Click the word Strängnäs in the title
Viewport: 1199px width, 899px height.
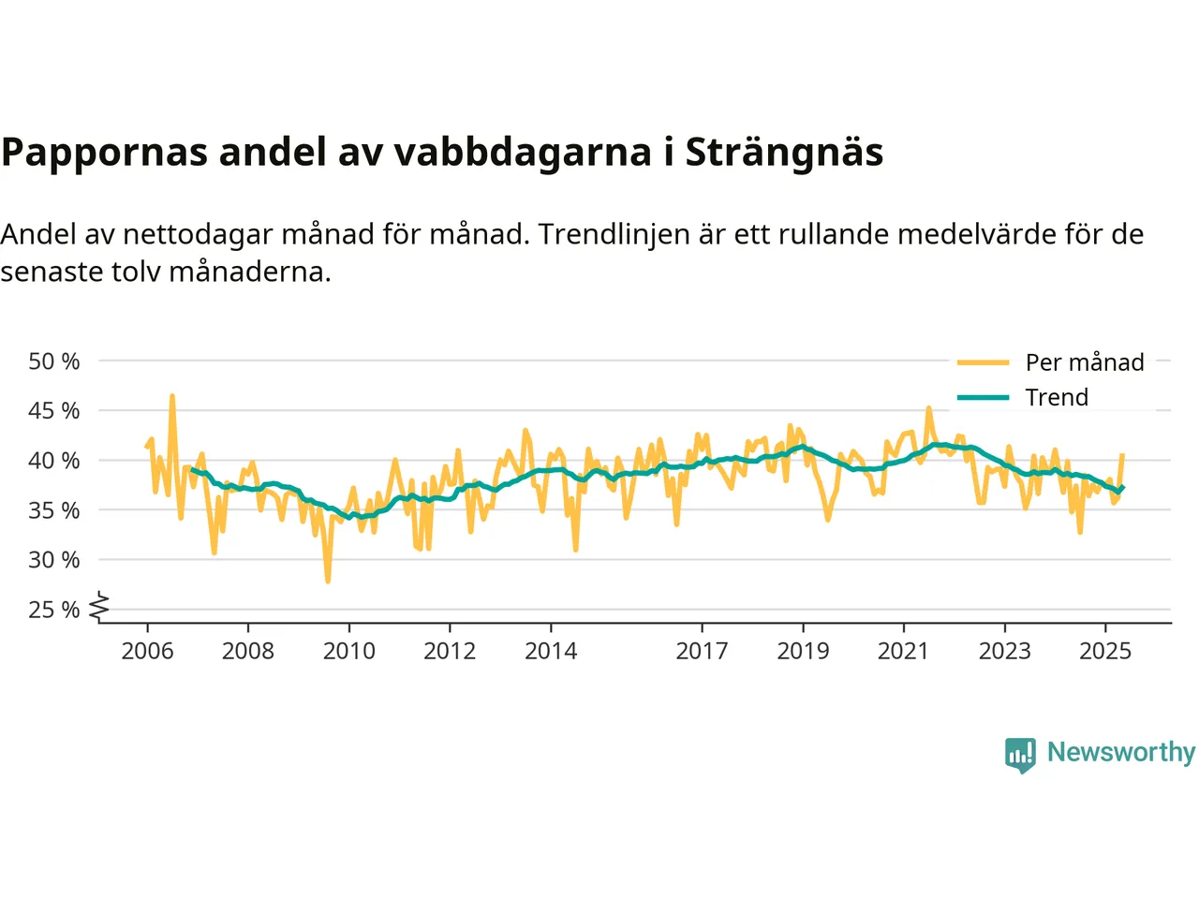pyautogui.click(x=784, y=153)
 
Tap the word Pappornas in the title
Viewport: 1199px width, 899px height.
pyautogui.click(x=104, y=153)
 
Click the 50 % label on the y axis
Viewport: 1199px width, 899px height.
pyautogui.click(x=54, y=361)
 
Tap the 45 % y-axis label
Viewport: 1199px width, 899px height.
pyautogui.click(x=54, y=411)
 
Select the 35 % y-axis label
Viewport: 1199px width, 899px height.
pyautogui.click(x=54, y=510)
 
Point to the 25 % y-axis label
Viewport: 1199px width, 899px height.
pyautogui.click(x=54, y=610)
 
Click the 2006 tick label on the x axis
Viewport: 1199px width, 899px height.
pyautogui.click(x=147, y=651)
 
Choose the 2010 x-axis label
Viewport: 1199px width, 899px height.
pyautogui.click(x=348, y=651)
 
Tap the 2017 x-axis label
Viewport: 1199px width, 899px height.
pyautogui.click(x=702, y=651)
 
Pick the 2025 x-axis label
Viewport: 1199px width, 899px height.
pyautogui.click(x=1105, y=651)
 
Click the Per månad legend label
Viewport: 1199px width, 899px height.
pyautogui.click(x=1085, y=362)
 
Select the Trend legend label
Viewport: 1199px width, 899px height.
pyautogui.click(x=1057, y=397)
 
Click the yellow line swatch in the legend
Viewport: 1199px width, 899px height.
pyautogui.click(x=983, y=362)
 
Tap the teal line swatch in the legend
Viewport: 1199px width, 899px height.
pyautogui.click(x=983, y=397)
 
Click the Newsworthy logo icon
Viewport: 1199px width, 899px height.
pyautogui.click(x=1020, y=754)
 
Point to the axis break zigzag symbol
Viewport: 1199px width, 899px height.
pyautogui.click(x=99, y=608)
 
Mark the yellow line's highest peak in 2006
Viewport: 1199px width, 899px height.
pyautogui.click(x=172, y=395)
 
